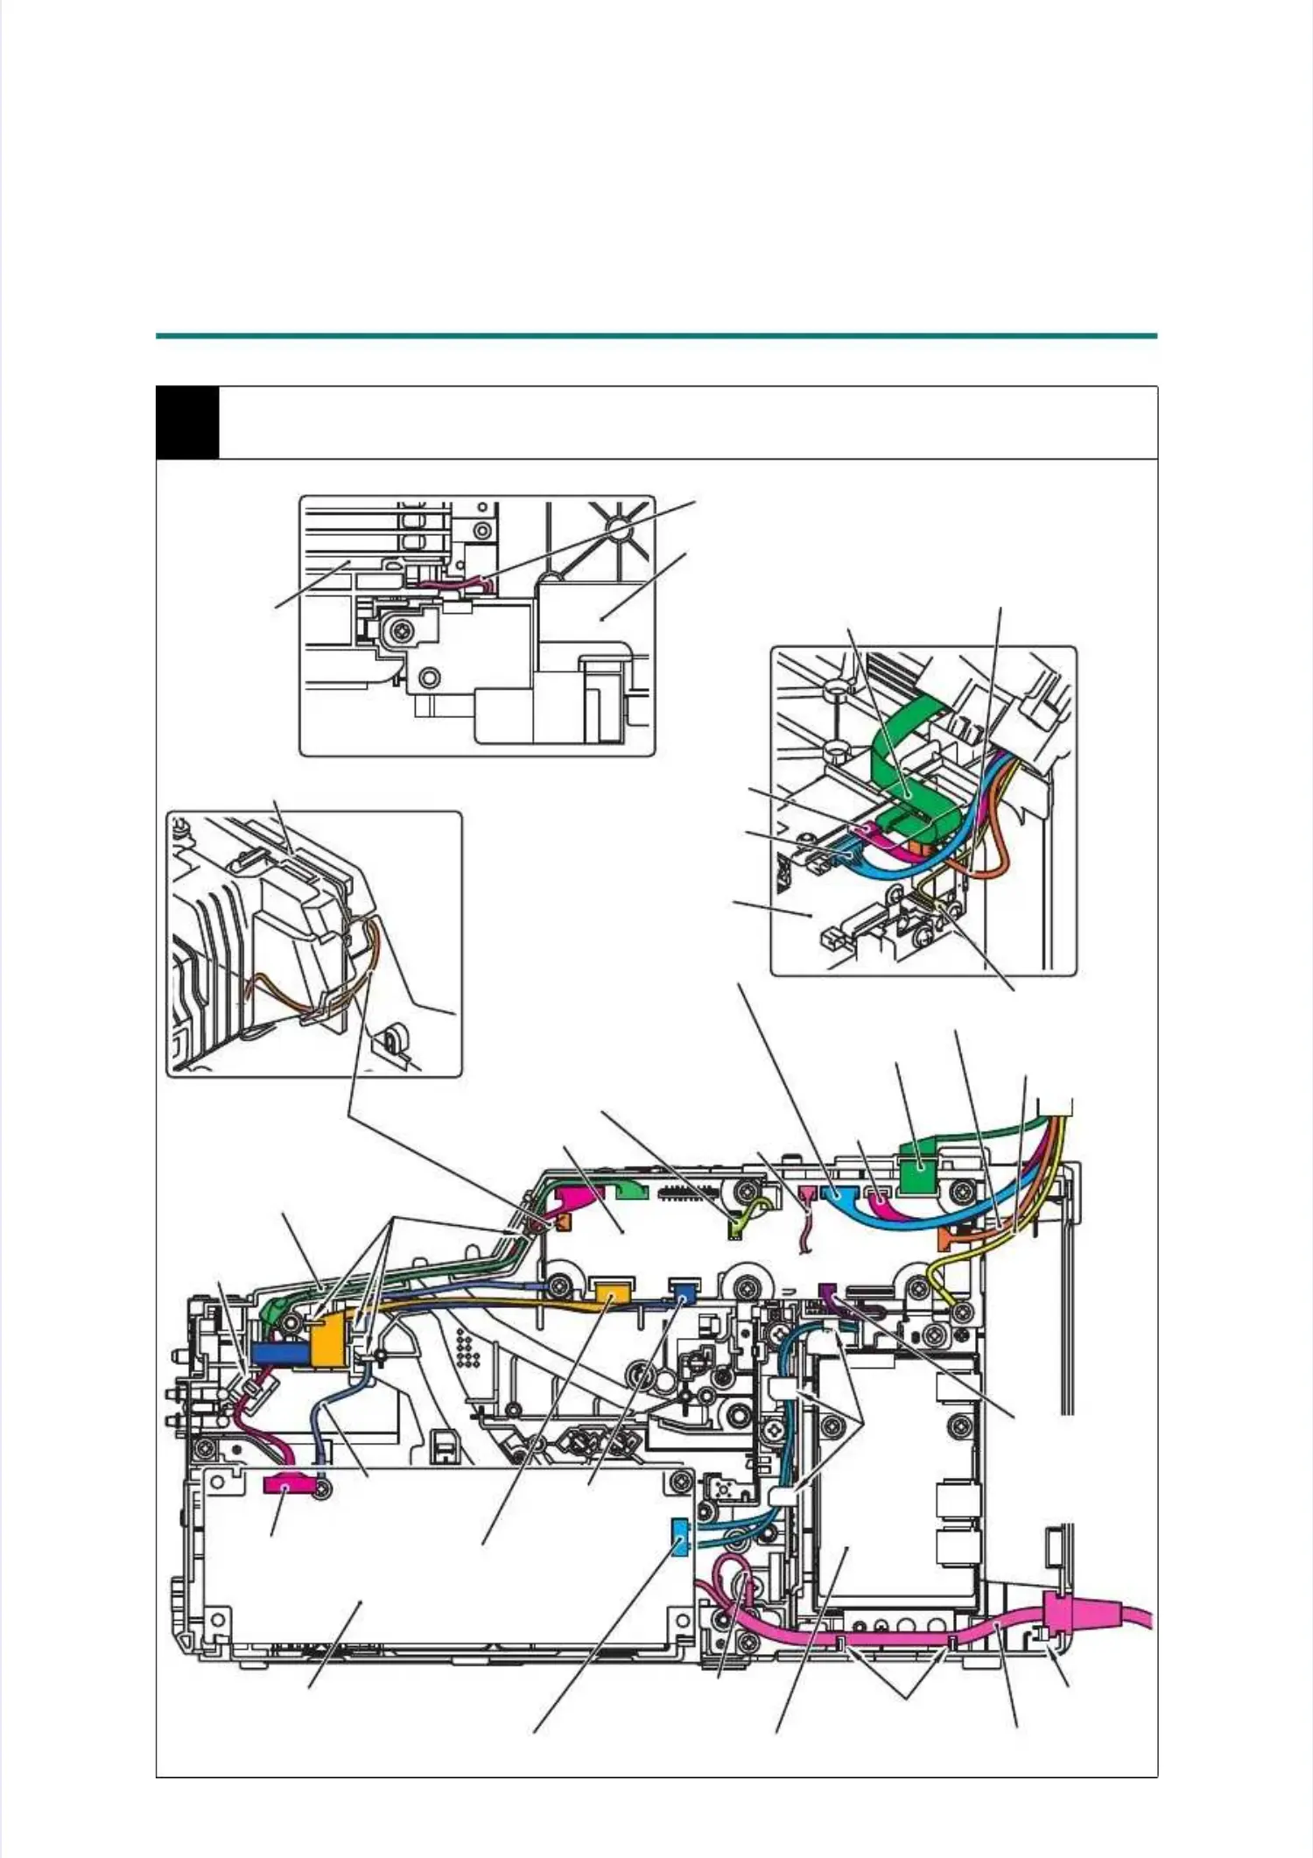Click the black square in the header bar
pos(187,422)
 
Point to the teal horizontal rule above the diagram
pos(656,335)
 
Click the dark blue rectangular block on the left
pos(279,1354)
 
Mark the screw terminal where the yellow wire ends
pos(962,1311)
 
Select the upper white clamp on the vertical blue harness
pos(782,1390)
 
